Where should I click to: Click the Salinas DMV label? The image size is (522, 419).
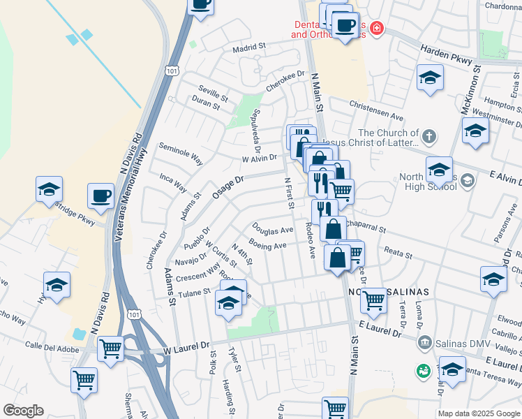454,343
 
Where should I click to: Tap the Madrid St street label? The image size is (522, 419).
251,47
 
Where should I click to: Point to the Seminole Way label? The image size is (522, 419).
181,154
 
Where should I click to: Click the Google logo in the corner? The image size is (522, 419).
23,411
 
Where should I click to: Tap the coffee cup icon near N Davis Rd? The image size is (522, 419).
100,196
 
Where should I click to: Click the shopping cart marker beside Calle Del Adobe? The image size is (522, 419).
110,348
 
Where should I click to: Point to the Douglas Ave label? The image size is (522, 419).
272,229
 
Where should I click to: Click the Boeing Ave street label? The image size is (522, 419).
268,246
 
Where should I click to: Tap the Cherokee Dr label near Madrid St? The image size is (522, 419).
286,81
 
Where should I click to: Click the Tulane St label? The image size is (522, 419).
193,291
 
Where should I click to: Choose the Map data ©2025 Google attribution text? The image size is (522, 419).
478,413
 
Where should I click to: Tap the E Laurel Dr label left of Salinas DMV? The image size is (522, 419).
380,328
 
